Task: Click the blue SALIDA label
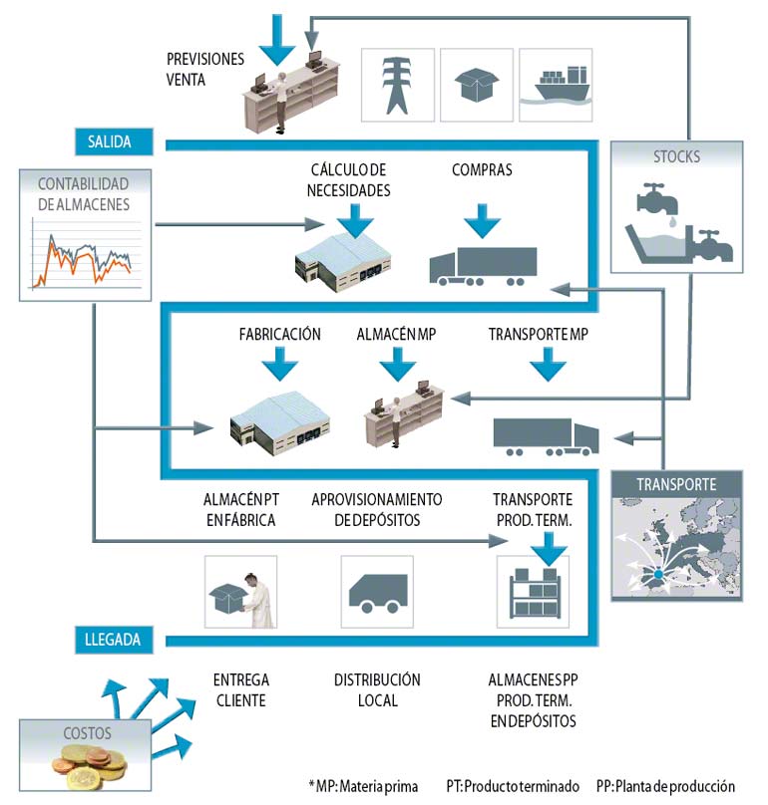click(x=115, y=141)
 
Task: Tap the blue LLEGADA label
click(x=114, y=638)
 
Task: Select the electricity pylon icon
click(x=397, y=85)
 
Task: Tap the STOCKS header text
click(x=676, y=156)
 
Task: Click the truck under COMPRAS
click(x=483, y=266)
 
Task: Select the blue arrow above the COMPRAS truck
click(x=482, y=218)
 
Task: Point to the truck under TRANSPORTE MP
click(x=546, y=435)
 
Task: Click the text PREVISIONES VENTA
click(x=204, y=69)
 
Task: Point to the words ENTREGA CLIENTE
click(x=240, y=689)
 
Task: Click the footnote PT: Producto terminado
click(x=512, y=786)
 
